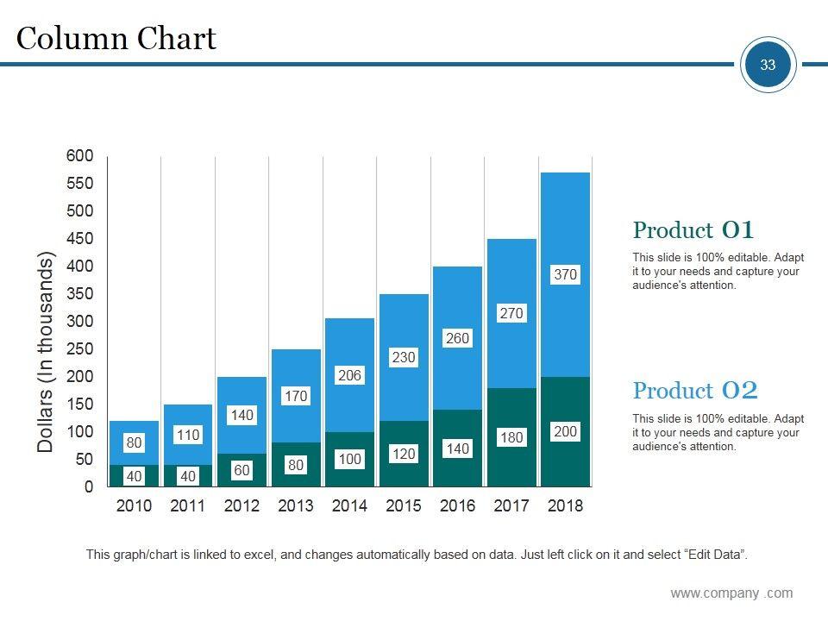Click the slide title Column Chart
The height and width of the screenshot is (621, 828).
tap(116, 39)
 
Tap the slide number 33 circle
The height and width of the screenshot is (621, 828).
tap(768, 65)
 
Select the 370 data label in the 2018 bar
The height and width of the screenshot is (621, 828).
tap(565, 275)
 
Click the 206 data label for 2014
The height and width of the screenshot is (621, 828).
tap(349, 376)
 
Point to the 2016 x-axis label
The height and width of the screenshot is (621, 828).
tap(457, 506)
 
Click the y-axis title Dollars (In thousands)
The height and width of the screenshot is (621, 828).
tap(47, 352)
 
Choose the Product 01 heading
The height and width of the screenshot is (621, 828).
tap(693, 230)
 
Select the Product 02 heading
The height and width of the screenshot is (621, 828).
tap(695, 391)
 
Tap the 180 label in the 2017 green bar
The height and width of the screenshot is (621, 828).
tap(511, 438)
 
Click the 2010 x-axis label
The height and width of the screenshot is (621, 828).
tap(134, 506)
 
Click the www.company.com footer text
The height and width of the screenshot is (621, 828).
tap(731, 593)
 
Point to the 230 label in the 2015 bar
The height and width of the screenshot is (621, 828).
tap(404, 357)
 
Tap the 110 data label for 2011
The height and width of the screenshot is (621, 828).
tap(188, 436)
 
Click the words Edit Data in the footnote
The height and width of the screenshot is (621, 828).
tap(714, 555)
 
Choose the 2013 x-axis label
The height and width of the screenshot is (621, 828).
tap(296, 506)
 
